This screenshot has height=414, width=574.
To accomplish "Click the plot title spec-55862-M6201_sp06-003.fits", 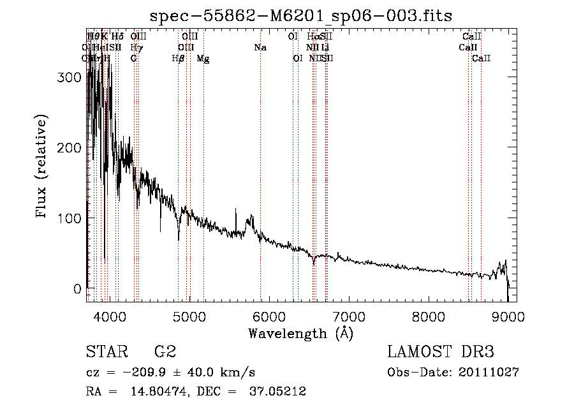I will (x=300, y=15).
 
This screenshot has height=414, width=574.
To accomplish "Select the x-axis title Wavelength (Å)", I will (x=300, y=333).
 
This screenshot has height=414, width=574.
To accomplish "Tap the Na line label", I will (x=260, y=48).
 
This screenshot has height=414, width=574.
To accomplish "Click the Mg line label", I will (x=203, y=59).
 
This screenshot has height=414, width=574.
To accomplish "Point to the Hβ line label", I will (x=178, y=59).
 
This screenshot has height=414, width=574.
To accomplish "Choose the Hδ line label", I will (x=117, y=37).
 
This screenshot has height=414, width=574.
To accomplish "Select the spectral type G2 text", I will (x=165, y=352).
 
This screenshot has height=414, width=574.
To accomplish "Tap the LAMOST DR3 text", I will (x=441, y=352).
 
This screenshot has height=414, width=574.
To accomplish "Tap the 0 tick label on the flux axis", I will (x=77, y=289).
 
